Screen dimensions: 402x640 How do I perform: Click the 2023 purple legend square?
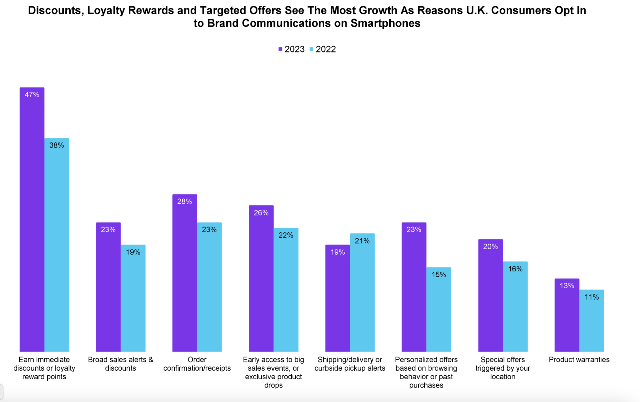coord(280,49)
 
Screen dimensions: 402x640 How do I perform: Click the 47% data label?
coord(32,95)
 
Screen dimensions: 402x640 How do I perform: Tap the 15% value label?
coord(439,274)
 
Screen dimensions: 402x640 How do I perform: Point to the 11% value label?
coord(591,297)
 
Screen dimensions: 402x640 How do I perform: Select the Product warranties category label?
coord(579,360)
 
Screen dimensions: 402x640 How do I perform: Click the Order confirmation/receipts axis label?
coord(197,364)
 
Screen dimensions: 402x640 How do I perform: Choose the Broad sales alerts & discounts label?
coord(121,364)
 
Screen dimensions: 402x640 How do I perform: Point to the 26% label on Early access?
coord(261,213)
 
